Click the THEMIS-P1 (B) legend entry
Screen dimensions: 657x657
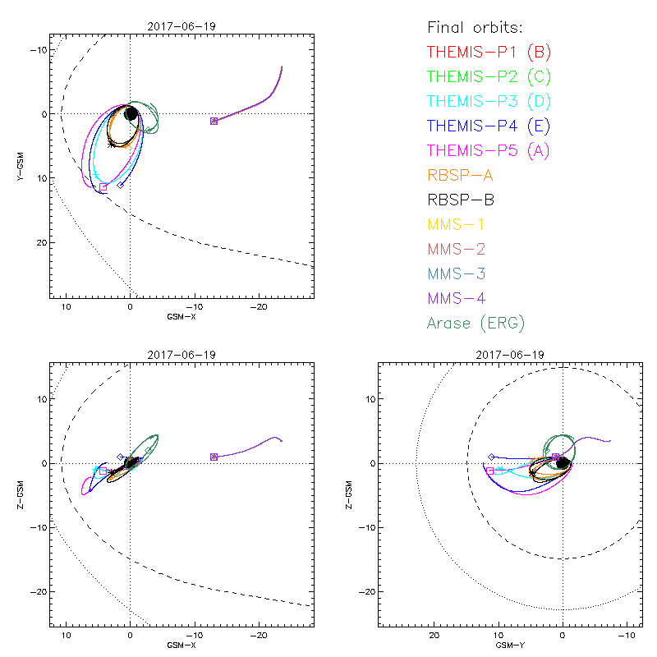tap(489, 53)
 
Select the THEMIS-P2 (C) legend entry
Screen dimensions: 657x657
tap(489, 77)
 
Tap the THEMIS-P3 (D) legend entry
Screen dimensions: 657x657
tap(489, 102)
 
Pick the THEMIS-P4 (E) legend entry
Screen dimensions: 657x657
tap(489, 126)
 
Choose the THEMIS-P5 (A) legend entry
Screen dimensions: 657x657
tap(489, 150)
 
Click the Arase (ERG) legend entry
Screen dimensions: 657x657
tap(476, 323)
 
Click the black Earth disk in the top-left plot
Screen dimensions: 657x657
tap(131, 113)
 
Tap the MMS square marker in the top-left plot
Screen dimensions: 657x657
tap(214, 121)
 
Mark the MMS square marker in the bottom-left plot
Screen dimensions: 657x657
tap(214, 457)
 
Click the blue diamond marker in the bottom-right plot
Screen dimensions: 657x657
tap(491, 457)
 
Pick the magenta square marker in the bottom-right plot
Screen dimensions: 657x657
tap(490, 471)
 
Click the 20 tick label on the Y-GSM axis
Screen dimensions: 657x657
tap(39, 242)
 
